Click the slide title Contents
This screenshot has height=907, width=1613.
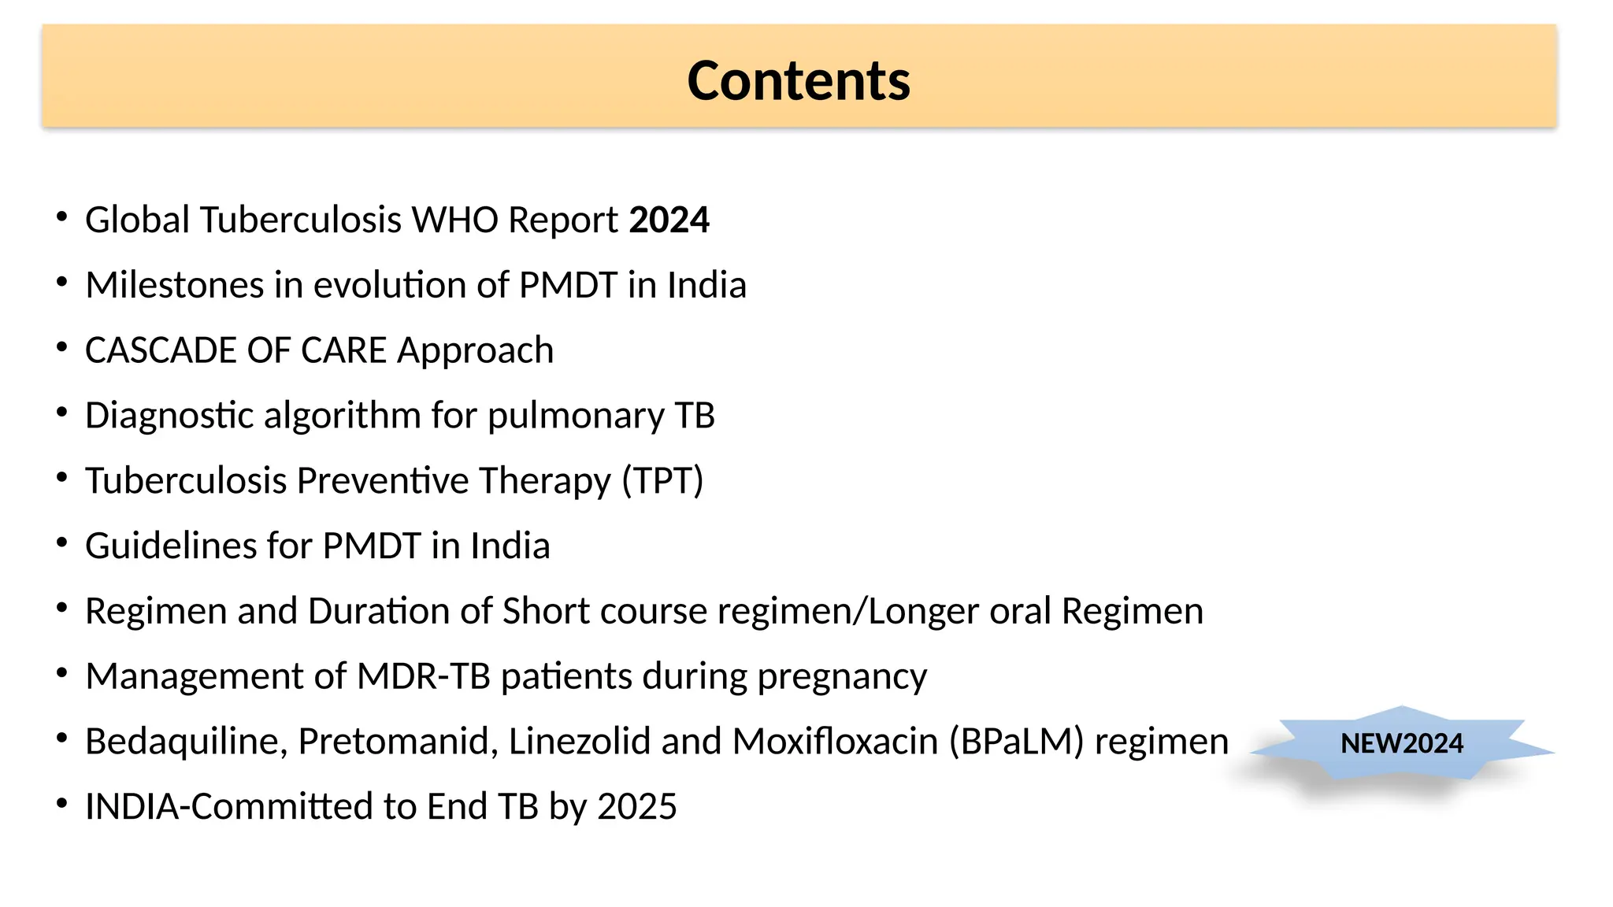pos(799,81)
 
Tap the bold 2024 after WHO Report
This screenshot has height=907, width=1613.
pos(669,220)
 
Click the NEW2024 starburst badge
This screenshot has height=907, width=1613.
pos(1402,743)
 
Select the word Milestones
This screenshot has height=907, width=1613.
pos(174,285)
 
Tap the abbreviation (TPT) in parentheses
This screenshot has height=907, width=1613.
pos(662,481)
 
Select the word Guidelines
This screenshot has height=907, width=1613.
pos(171,546)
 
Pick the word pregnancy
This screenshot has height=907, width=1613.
pos(842,677)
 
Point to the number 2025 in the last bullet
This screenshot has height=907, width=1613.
pos(637,807)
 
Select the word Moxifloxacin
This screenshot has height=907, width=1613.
pos(835,742)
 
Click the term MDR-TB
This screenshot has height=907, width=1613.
pos(424,676)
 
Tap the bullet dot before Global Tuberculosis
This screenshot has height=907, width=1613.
pos(62,217)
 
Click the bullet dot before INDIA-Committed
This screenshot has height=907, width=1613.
pos(62,804)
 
